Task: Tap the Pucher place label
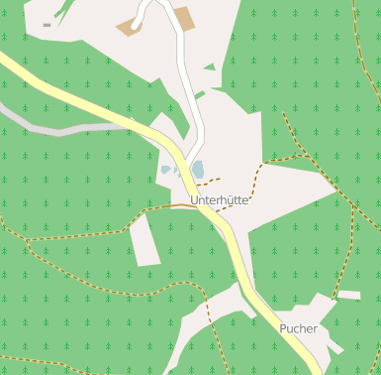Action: (x=298, y=328)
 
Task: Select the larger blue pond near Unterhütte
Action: (x=197, y=170)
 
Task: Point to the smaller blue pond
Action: (x=165, y=171)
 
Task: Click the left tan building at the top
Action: (x=129, y=27)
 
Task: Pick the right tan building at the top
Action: (x=183, y=18)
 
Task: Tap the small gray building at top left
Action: (x=47, y=25)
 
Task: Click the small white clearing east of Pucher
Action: (x=348, y=295)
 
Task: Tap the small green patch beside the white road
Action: (x=209, y=67)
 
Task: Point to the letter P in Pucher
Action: (x=283, y=328)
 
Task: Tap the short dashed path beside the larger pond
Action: (x=208, y=181)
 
